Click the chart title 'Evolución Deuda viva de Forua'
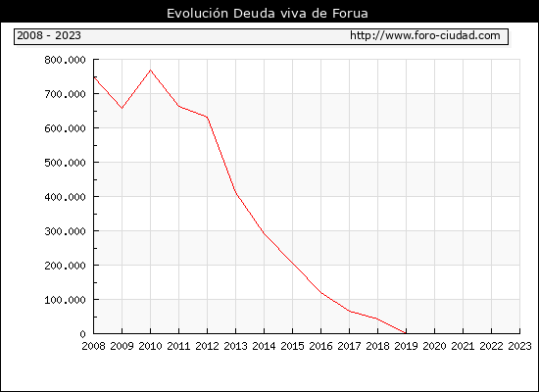pyautogui.click(x=268, y=14)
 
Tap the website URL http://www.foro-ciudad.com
pyautogui.click(x=425, y=35)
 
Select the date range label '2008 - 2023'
pyautogui.click(x=49, y=35)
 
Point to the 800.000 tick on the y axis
pyautogui.click(x=65, y=60)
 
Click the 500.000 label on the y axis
pyautogui.click(x=65, y=163)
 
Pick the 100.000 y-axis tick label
pyautogui.click(x=65, y=300)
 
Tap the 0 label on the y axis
pyautogui.click(x=82, y=334)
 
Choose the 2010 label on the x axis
pyautogui.click(x=150, y=346)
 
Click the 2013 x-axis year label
pyautogui.click(x=235, y=346)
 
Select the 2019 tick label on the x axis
pyautogui.click(x=406, y=346)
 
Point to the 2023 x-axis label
pyautogui.click(x=519, y=346)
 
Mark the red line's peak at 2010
pyautogui.click(x=150, y=71)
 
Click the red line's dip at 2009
pyautogui.click(x=122, y=109)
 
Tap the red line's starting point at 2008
pyautogui.click(x=94, y=77)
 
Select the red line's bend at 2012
pyautogui.click(x=208, y=118)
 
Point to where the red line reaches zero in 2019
pyautogui.click(x=406, y=333)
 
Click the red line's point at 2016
pyautogui.click(x=320, y=293)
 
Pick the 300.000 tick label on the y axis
pyautogui.click(x=65, y=231)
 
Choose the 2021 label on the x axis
pyautogui.click(x=463, y=346)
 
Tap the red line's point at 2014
pyautogui.click(x=264, y=233)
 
